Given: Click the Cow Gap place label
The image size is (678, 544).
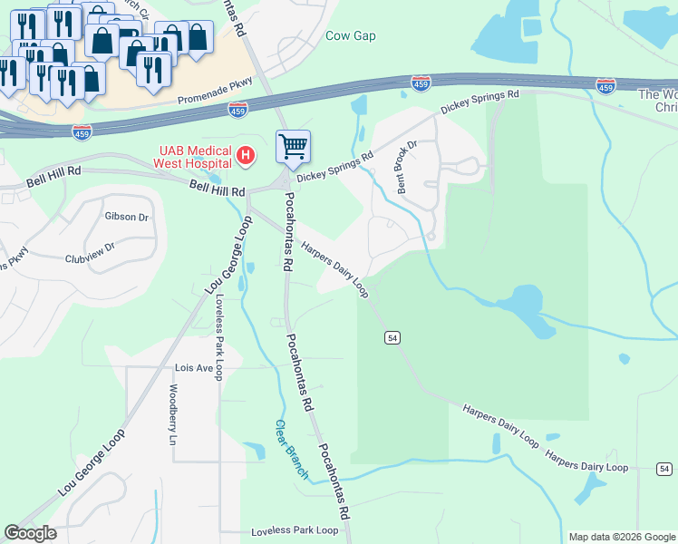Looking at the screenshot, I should (x=350, y=36).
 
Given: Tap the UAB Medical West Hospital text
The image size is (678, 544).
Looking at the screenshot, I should (x=191, y=156).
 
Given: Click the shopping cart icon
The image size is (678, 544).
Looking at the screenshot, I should (x=293, y=146).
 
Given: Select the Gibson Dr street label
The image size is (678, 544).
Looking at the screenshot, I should (x=126, y=217).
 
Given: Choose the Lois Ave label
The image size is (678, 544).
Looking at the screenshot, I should (x=192, y=368).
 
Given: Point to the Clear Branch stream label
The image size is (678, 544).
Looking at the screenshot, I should (x=292, y=449).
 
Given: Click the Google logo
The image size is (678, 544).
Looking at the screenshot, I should (x=30, y=533).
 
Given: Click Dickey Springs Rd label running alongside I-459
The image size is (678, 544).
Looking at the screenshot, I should (x=479, y=101).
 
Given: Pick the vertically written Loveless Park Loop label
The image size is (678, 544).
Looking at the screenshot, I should (x=218, y=338).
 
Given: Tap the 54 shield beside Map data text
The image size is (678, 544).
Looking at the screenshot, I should (x=664, y=469).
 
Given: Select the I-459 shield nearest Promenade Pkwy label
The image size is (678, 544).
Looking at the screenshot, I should (x=237, y=110).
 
